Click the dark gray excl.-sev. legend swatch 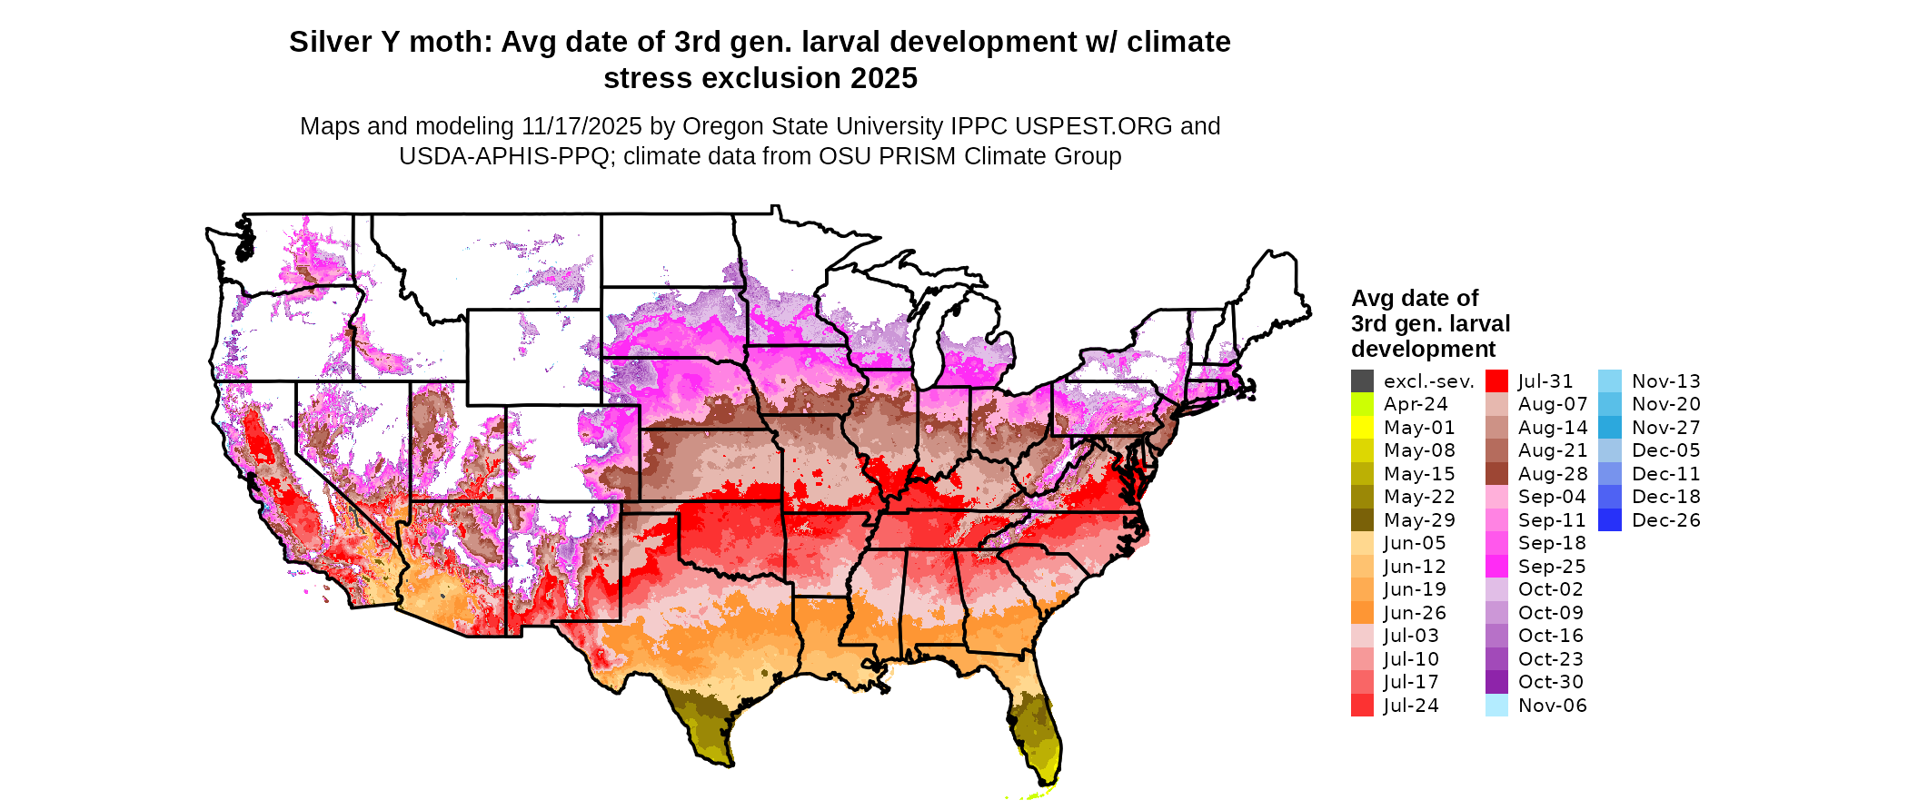[1362, 381]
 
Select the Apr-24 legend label [1415, 404]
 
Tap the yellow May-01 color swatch [1362, 428]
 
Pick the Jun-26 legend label [1415, 613]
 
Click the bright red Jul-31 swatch [1496, 381]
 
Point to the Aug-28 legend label [1553, 474]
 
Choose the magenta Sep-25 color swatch [1496, 567]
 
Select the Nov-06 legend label [1552, 706]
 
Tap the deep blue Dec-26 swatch [1609, 520]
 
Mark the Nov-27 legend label [1665, 428]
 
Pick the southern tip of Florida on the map [1045, 783]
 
